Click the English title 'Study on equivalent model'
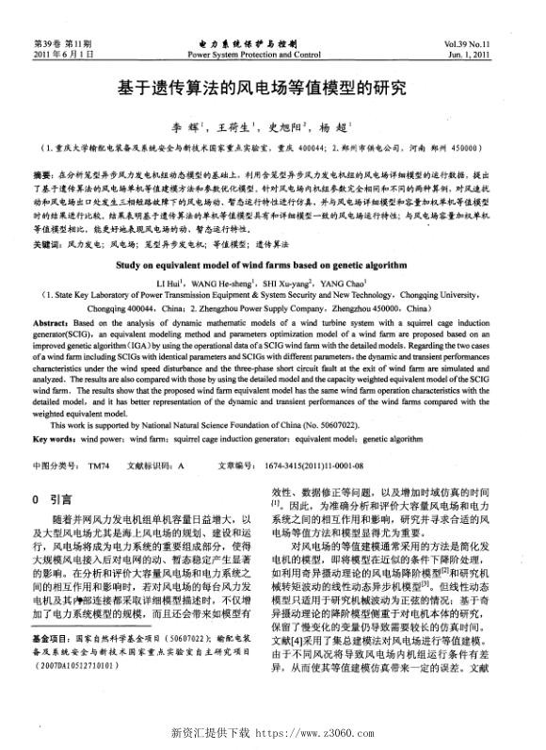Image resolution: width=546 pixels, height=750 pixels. click(x=273, y=266)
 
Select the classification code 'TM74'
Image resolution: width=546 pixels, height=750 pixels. click(x=99, y=465)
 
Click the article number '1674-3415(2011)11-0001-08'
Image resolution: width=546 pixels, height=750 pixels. click(x=313, y=465)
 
